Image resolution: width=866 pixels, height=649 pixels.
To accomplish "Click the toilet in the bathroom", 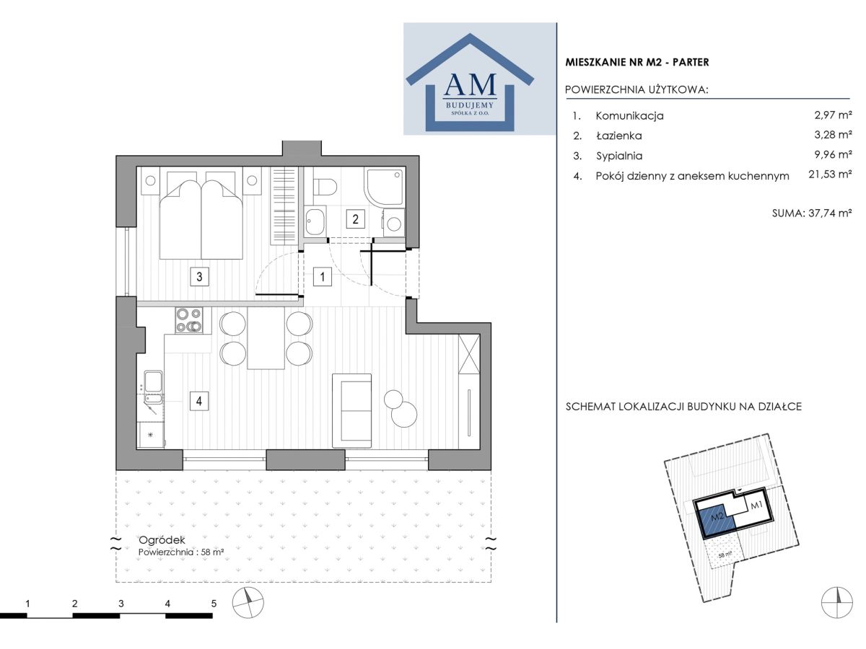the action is [324, 186].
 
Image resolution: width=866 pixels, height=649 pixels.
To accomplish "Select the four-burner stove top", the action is [189, 321].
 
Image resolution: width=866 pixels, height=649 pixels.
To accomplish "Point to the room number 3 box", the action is [199, 277].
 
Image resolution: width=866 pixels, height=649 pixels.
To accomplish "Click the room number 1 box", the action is [323, 277].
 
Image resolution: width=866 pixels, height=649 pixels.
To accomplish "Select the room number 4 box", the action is [199, 402].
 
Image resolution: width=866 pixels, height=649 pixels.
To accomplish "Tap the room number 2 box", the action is [355, 219].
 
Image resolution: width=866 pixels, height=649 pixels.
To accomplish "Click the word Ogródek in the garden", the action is [162, 540].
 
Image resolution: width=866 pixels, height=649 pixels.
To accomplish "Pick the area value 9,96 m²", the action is [833, 154].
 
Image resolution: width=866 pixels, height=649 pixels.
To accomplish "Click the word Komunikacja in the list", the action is [630, 116].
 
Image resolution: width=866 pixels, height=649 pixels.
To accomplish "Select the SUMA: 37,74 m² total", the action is [812, 213].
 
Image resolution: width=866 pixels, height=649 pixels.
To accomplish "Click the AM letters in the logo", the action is [470, 84].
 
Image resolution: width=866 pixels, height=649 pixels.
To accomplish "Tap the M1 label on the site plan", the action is [757, 505].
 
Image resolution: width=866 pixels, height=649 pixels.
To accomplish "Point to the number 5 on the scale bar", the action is [214, 604].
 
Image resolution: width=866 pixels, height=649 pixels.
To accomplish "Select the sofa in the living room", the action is [352, 411].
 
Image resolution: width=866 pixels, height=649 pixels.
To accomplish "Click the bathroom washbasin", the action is [315, 221].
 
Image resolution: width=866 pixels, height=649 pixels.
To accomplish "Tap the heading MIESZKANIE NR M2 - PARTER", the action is [637, 62].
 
